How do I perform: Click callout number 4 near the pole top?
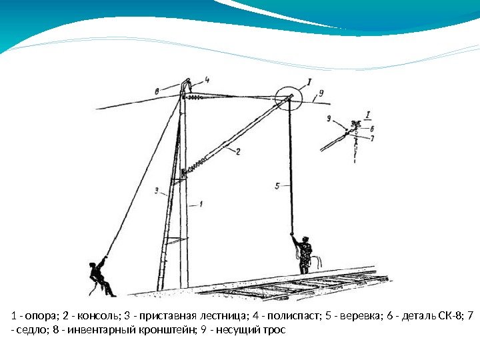208,79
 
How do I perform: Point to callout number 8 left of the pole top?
156,91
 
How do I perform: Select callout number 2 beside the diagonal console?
237,151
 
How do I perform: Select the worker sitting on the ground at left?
101,276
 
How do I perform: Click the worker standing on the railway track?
303,254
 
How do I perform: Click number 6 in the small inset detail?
371,129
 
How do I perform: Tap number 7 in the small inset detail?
372,138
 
